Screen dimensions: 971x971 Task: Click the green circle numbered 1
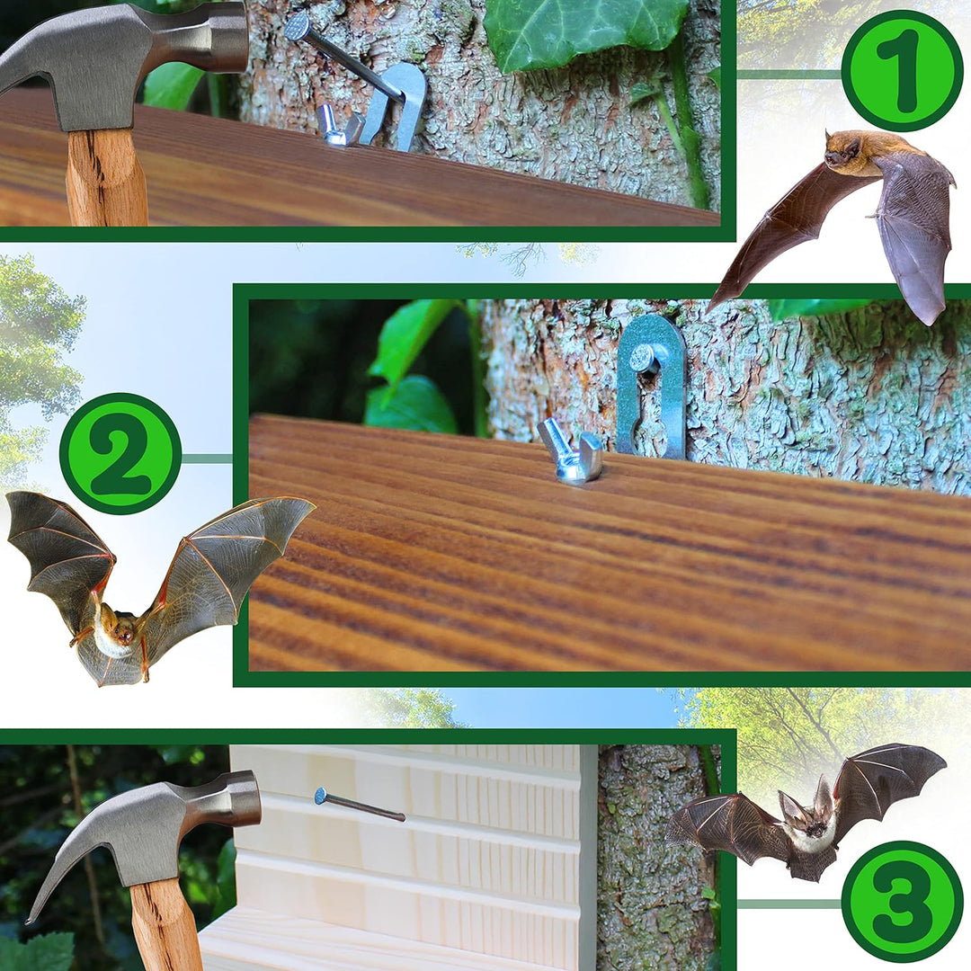click(x=902, y=71)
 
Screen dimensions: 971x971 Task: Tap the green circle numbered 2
click(x=120, y=453)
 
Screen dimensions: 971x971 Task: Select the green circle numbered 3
click(x=902, y=902)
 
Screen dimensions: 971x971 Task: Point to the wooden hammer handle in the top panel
click(x=106, y=180)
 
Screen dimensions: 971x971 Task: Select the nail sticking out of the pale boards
click(x=360, y=805)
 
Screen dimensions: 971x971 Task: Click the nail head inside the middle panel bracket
click(x=641, y=359)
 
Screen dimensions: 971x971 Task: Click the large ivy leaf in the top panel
click(x=584, y=31)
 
